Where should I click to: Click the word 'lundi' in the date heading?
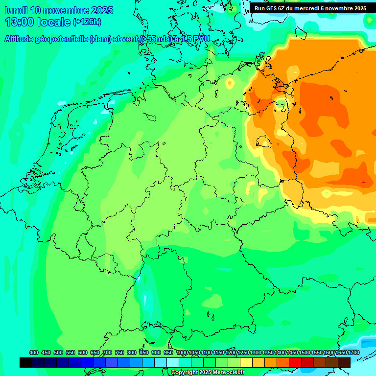[16, 10]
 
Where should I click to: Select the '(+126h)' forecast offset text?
[88, 22]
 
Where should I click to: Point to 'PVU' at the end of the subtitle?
[200, 39]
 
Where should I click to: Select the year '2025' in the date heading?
[102, 10]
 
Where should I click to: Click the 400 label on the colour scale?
[34, 352]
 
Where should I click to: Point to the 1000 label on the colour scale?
[182, 352]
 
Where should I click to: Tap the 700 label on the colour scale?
[107, 352]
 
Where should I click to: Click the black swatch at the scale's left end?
[26, 362]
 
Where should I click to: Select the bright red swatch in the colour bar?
[295, 362]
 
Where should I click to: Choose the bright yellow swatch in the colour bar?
[246, 362]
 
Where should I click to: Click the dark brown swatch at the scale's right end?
[344, 362]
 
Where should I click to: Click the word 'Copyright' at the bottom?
[184, 373]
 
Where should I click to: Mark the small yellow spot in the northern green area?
[230, 84]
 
